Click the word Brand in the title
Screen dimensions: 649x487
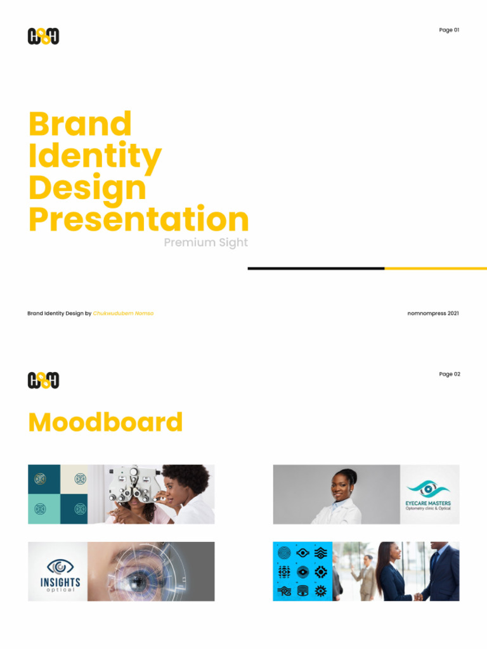click(x=80, y=124)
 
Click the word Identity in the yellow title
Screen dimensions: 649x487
click(x=95, y=156)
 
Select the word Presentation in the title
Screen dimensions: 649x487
click(x=138, y=219)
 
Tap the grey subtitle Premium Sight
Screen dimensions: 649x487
click(x=205, y=243)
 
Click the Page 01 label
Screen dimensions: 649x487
click(x=449, y=30)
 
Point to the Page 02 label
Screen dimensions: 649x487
click(x=449, y=374)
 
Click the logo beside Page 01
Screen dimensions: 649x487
click(x=43, y=37)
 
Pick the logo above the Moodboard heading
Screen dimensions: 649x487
click(x=43, y=380)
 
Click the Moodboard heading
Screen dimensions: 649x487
click(x=105, y=422)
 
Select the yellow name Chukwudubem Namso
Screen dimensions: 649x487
click(x=123, y=313)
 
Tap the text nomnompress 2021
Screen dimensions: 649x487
click(x=432, y=313)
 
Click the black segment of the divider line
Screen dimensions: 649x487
click(x=316, y=268)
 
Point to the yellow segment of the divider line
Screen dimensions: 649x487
click(x=436, y=268)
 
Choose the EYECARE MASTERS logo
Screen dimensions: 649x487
click(x=429, y=495)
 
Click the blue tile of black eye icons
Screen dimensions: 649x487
click(x=302, y=572)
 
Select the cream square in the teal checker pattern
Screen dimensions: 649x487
click(x=74, y=479)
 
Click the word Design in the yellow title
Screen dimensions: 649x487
click(x=88, y=188)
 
